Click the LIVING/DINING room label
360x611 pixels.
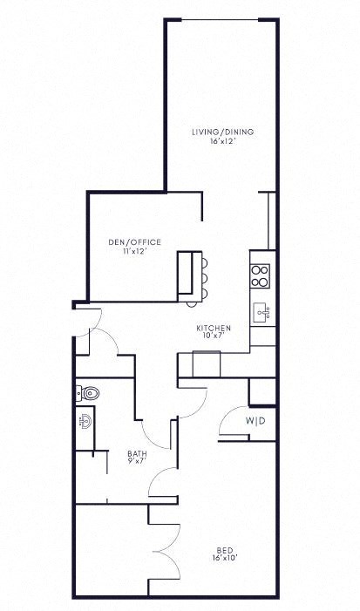[223, 132]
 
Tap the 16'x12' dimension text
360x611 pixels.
[223, 141]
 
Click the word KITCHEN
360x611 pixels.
[213, 328]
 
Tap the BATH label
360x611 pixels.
[137, 452]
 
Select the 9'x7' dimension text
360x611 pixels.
[137, 461]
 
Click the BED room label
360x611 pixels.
[224, 549]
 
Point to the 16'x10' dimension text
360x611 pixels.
[224, 558]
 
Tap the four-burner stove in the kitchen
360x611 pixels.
[260, 275]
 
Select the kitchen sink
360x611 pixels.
[261, 311]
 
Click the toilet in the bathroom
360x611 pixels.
[88, 393]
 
